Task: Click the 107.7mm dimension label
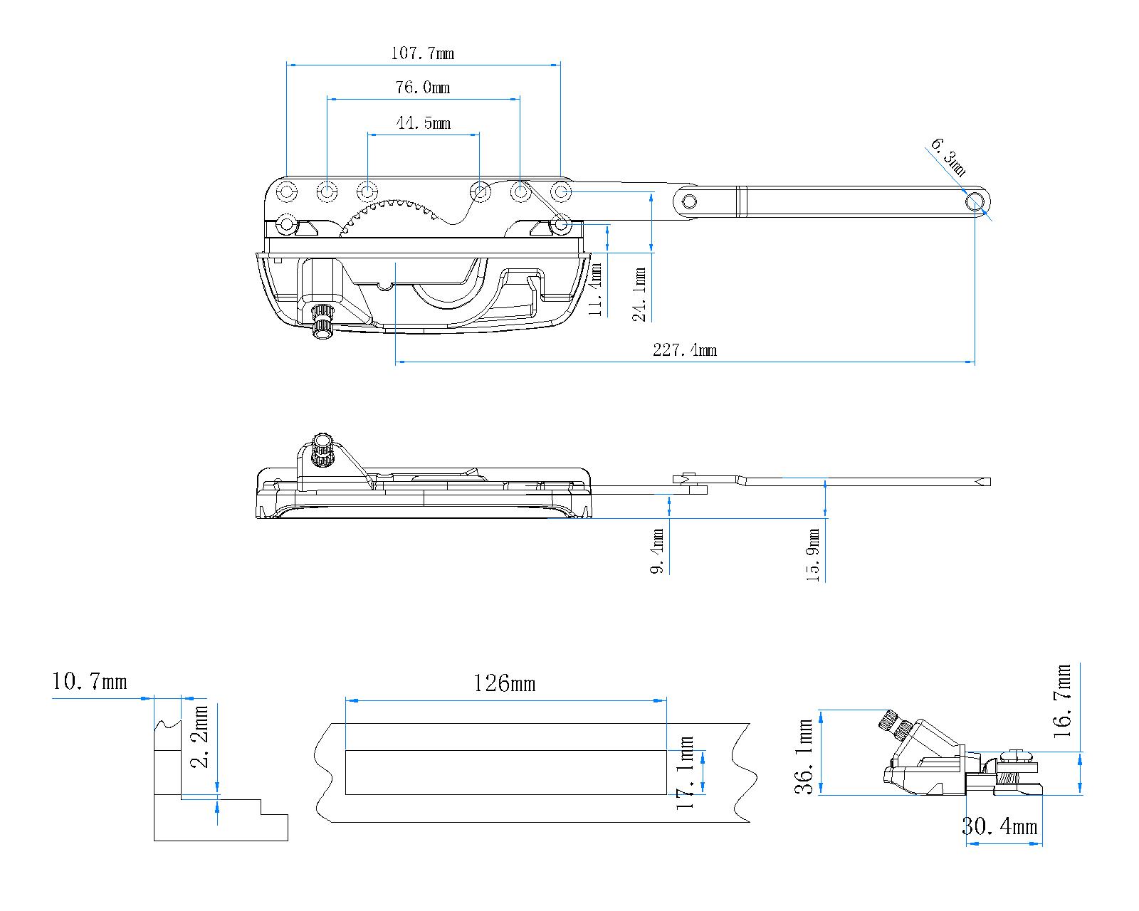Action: click(422, 53)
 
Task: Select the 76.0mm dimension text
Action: click(422, 88)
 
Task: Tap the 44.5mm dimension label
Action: click(423, 123)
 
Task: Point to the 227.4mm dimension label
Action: click(684, 349)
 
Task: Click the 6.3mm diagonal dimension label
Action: click(948, 157)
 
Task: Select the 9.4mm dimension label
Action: click(658, 550)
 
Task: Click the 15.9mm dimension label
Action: click(814, 555)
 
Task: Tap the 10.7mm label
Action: click(90, 682)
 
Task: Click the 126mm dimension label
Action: click(504, 684)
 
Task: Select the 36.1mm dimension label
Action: click(806, 757)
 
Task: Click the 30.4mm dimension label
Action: click(999, 826)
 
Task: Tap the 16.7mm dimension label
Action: click(1064, 700)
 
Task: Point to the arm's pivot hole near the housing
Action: click(688, 201)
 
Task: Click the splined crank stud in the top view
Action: click(322, 322)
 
